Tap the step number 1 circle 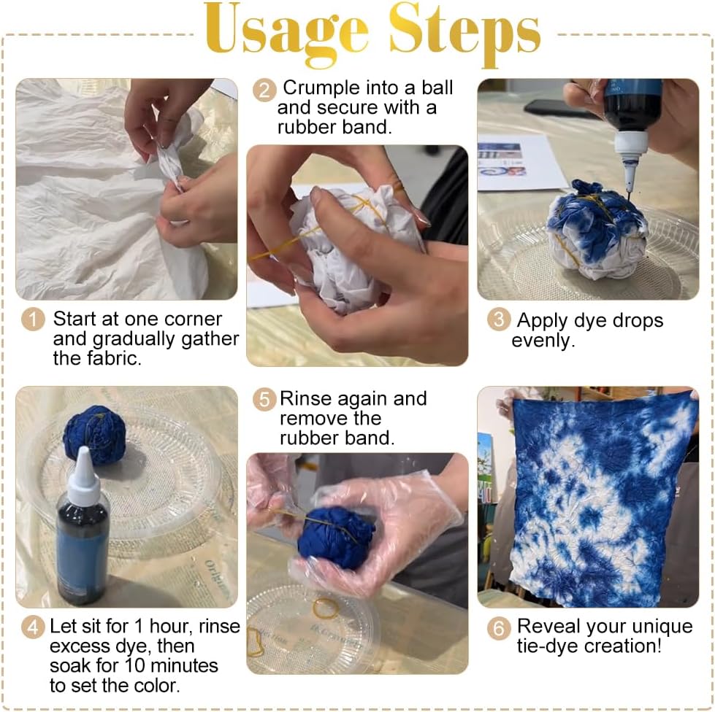pyautogui.click(x=33, y=320)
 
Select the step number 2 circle pyautogui.click(x=264, y=90)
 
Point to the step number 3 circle pyautogui.click(x=498, y=320)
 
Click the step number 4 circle pyautogui.click(x=33, y=627)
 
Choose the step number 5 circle pyautogui.click(x=264, y=400)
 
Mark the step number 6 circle pyautogui.click(x=498, y=628)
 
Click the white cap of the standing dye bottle pyautogui.click(x=84, y=473)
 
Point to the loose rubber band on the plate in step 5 pyautogui.click(x=326, y=608)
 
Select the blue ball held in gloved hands pyautogui.click(x=336, y=537)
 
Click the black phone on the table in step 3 pyautogui.click(x=555, y=108)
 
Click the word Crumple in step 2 pyautogui.click(x=322, y=88)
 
